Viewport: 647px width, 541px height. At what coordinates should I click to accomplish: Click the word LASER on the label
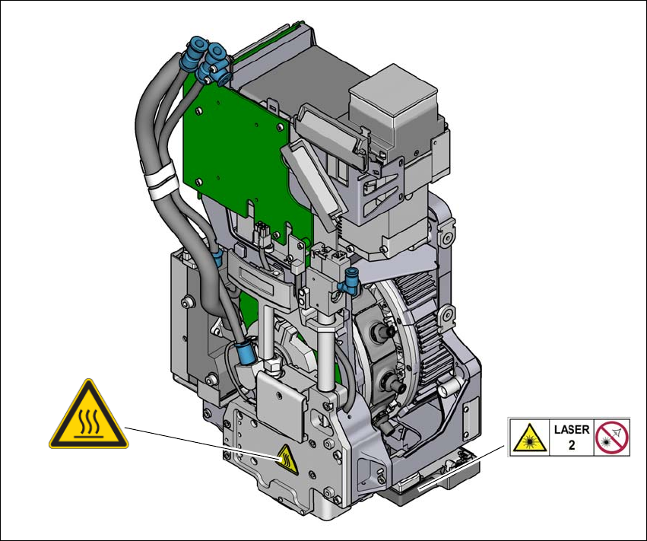click(572, 429)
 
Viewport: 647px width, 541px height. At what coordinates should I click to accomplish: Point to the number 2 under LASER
click(572, 445)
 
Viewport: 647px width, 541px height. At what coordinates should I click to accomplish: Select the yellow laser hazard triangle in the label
click(530, 438)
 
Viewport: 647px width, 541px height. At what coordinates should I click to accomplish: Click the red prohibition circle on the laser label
click(612, 438)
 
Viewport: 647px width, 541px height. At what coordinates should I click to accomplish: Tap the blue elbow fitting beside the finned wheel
click(349, 282)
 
